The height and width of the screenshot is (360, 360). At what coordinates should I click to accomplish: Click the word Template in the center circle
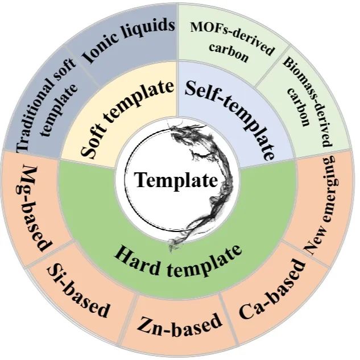click(176, 181)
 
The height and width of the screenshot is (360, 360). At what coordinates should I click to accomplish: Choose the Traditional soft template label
click(48, 108)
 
